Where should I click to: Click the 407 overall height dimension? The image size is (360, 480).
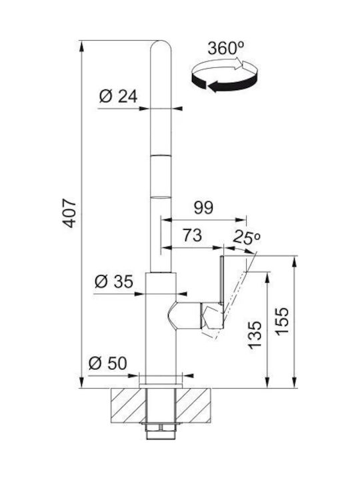click(69, 213)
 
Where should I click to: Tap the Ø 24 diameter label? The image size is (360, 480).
click(119, 97)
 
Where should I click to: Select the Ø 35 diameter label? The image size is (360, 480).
click(114, 281)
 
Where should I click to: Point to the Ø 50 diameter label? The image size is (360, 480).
click(108, 363)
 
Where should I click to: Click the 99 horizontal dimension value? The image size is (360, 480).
click(203, 208)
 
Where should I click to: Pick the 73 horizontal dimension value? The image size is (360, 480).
click(192, 235)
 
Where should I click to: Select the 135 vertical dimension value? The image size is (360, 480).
click(255, 335)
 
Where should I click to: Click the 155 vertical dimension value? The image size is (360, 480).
click(282, 321)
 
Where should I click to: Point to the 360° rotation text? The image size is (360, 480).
click(226, 48)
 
